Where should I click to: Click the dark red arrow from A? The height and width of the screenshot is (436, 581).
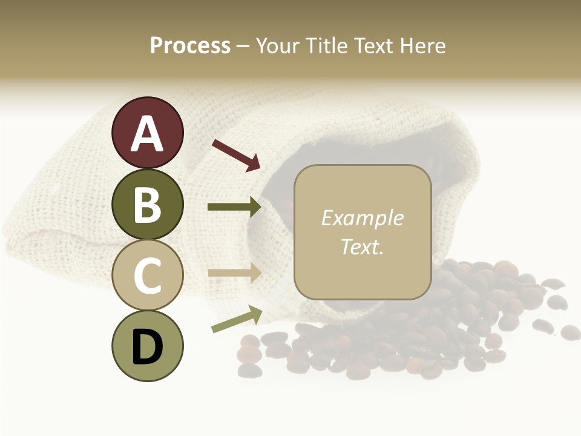pyautogui.click(x=236, y=155)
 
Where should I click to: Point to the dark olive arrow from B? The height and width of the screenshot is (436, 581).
pyautogui.click(x=234, y=207)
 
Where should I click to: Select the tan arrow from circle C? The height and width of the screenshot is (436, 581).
pyautogui.click(x=234, y=273)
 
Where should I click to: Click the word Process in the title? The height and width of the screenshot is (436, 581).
pyautogui.click(x=190, y=46)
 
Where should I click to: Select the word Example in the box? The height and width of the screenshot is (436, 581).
pyautogui.click(x=362, y=218)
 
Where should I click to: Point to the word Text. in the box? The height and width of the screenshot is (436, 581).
pyautogui.click(x=362, y=246)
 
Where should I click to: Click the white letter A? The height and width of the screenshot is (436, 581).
pyautogui.click(x=147, y=134)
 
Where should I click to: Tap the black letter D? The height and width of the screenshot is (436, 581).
pyautogui.click(x=147, y=347)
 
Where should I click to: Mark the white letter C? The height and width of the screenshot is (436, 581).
pyautogui.click(x=147, y=275)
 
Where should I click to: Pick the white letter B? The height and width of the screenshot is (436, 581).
pyautogui.click(x=147, y=205)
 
